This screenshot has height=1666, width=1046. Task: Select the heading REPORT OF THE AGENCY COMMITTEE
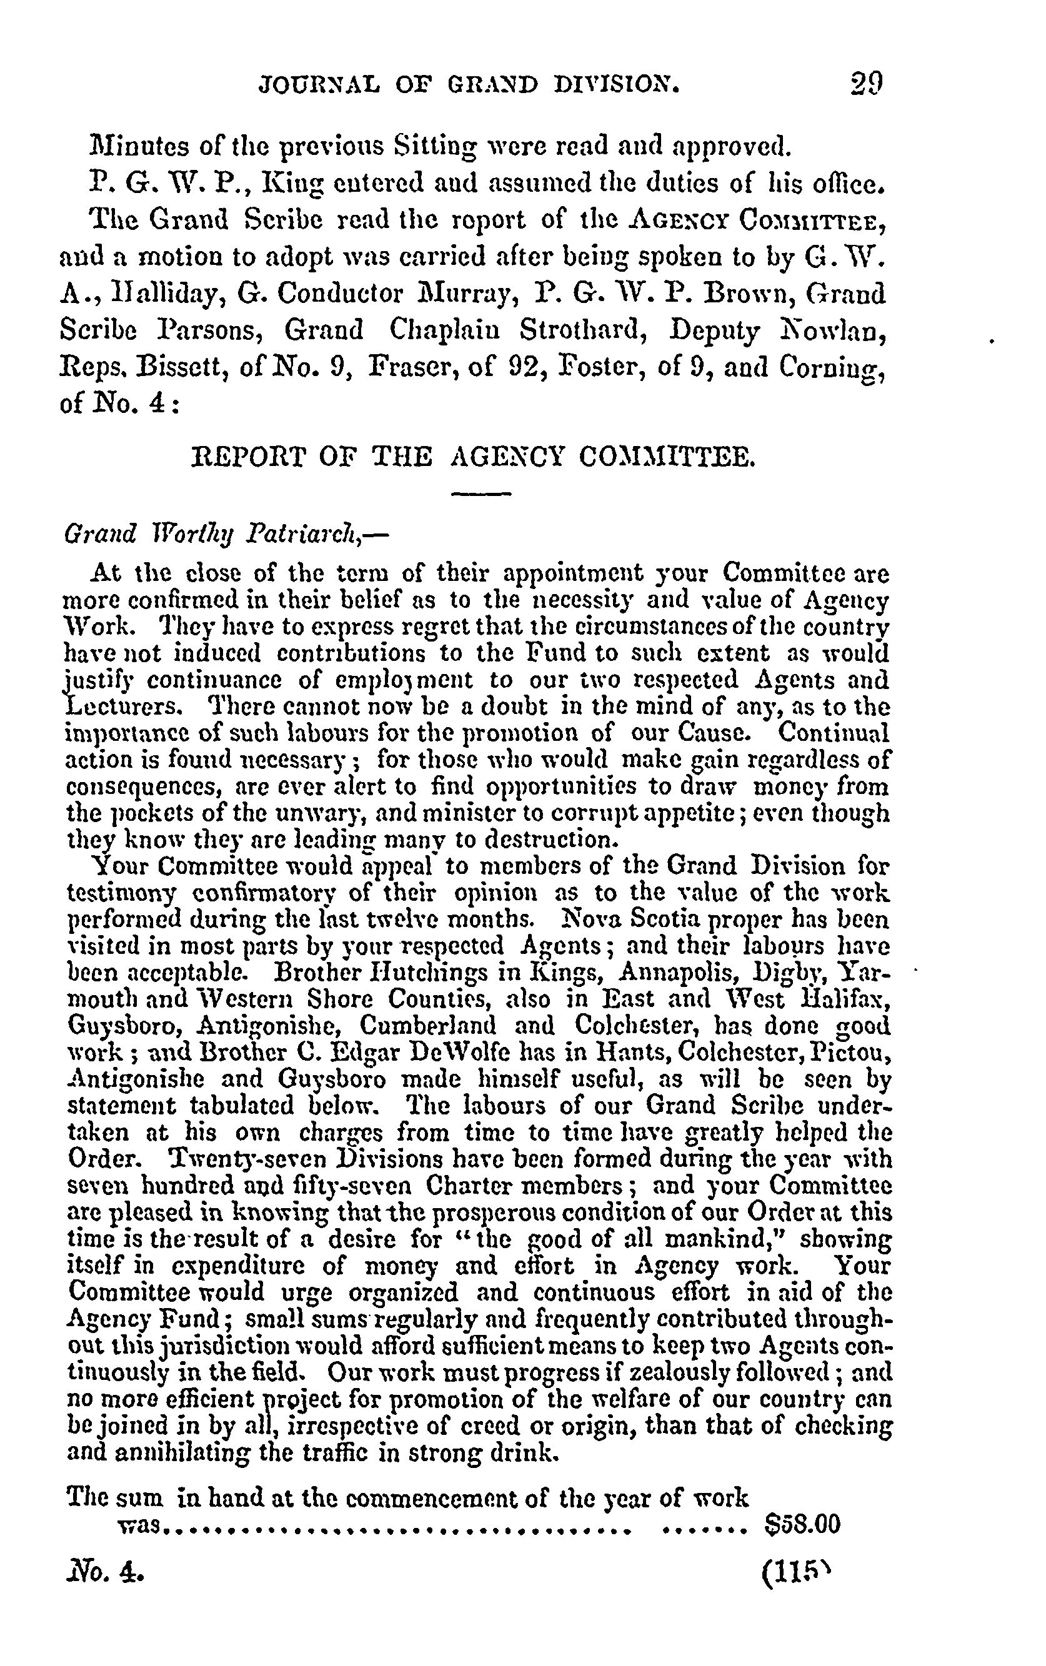point(472,457)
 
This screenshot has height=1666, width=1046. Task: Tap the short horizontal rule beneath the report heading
point(480,493)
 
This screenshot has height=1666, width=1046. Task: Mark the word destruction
point(544,841)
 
